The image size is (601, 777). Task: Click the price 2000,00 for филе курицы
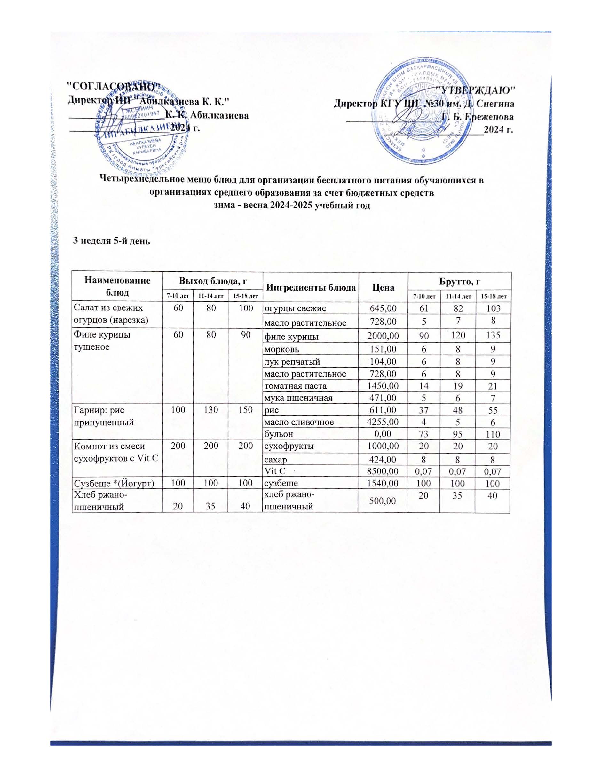click(x=383, y=336)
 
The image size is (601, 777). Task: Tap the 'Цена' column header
click(x=383, y=287)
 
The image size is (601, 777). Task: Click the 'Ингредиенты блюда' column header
click(x=311, y=287)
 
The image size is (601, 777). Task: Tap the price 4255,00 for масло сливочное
click(x=383, y=422)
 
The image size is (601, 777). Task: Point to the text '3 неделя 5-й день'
click(x=111, y=241)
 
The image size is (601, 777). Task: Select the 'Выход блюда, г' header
click(x=213, y=281)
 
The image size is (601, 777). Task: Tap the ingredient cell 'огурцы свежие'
click(x=295, y=308)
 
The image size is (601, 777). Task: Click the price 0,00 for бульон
click(x=383, y=434)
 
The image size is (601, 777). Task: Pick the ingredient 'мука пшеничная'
click(x=298, y=398)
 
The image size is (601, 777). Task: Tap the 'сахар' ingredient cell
click(x=275, y=460)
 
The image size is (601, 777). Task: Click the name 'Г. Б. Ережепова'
click(x=478, y=117)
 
